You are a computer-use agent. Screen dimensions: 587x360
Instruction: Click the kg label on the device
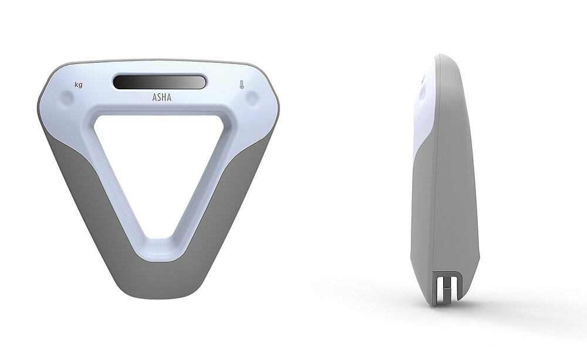click(x=78, y=85)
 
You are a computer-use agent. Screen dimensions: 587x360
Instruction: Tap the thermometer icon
click(x=242, y=85)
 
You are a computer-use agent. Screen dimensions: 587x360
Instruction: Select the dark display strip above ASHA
click(x=160, y=81)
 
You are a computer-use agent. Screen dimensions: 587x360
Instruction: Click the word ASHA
click(x=162, y=97)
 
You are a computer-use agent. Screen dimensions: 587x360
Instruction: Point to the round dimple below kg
click(x=67, y=99)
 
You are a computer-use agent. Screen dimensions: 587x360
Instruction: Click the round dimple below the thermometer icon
click(x=252, y=99)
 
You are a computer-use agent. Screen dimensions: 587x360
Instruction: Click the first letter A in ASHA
click(x=154, y=97)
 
